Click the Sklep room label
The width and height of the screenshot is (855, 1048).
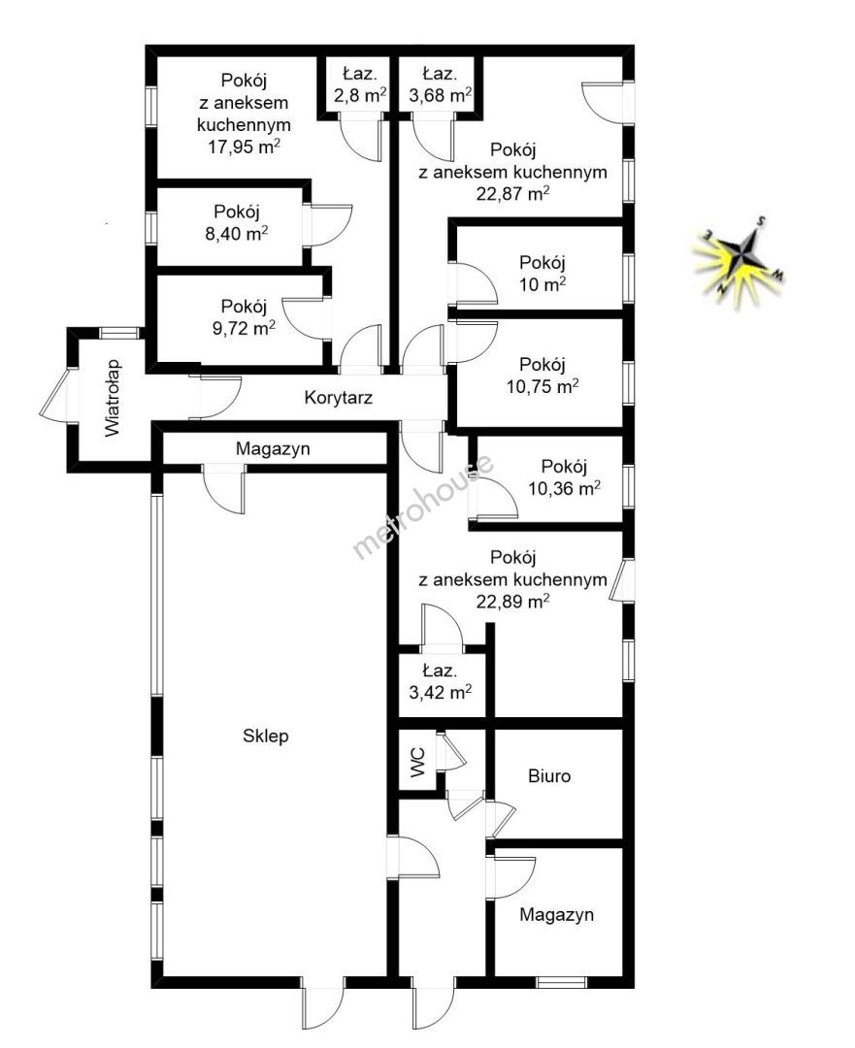[265, 736]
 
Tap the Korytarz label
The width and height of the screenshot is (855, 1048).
[339, 398]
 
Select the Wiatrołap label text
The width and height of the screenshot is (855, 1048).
[113, 399]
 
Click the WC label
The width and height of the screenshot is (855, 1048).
[417, 763]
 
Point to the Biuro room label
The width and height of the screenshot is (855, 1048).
[549, 776]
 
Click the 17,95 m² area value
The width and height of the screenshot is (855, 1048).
[244, 147]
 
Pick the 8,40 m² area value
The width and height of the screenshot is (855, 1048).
[238, 233]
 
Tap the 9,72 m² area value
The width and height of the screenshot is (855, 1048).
[244, 328]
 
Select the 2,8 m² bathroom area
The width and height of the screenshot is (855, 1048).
[361, 95]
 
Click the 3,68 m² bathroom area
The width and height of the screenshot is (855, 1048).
[441, 95]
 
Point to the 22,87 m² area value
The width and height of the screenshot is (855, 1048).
[512, 194]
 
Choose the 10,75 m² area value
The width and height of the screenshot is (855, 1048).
[543, 386]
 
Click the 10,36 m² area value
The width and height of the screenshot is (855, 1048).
[564, 488]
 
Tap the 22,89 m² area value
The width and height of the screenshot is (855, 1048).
[512, 602]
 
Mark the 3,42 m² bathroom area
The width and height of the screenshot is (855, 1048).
[441, 692]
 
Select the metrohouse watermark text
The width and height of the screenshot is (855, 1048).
[423, 506]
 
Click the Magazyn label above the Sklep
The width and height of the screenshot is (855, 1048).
[273, 448]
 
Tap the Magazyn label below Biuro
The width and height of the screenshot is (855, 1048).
[557, 914]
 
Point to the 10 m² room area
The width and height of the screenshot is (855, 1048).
[543, 284]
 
